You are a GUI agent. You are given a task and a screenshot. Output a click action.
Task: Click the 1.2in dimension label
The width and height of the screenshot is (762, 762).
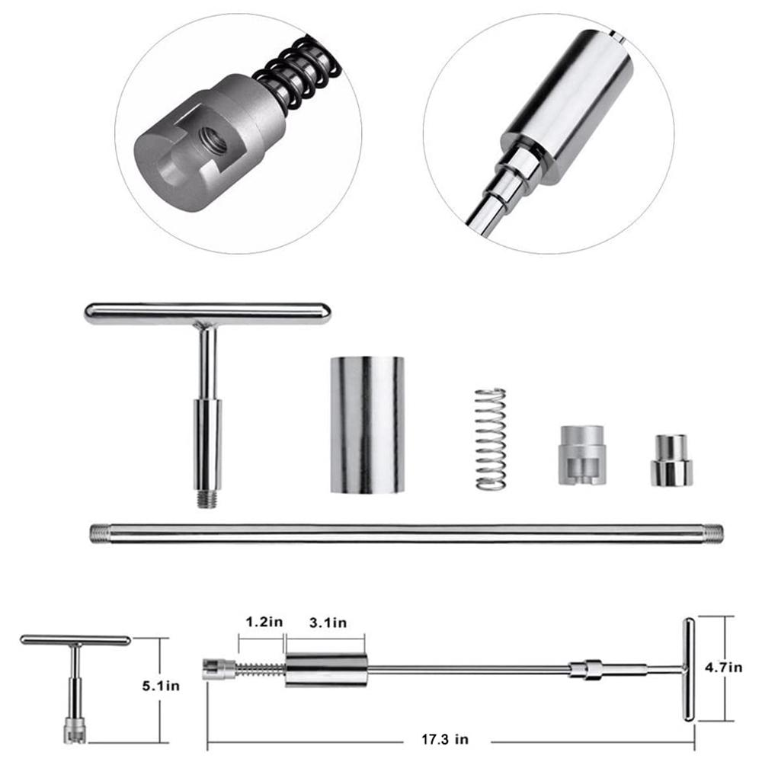263,622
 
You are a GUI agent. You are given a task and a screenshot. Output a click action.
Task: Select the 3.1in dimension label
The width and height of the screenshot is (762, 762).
327,622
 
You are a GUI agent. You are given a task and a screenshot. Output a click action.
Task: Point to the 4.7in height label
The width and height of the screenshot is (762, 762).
724,668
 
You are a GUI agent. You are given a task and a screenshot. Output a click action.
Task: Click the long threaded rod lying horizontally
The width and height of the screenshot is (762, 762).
404,532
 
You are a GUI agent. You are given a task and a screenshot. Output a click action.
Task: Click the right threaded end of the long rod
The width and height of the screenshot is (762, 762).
712,532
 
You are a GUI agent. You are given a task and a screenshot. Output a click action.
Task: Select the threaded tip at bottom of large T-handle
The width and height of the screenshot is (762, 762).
203,499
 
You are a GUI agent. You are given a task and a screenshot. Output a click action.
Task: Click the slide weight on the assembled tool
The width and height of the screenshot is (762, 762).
327,670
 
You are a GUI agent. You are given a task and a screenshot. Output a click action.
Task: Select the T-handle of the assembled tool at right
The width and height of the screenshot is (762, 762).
688,670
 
